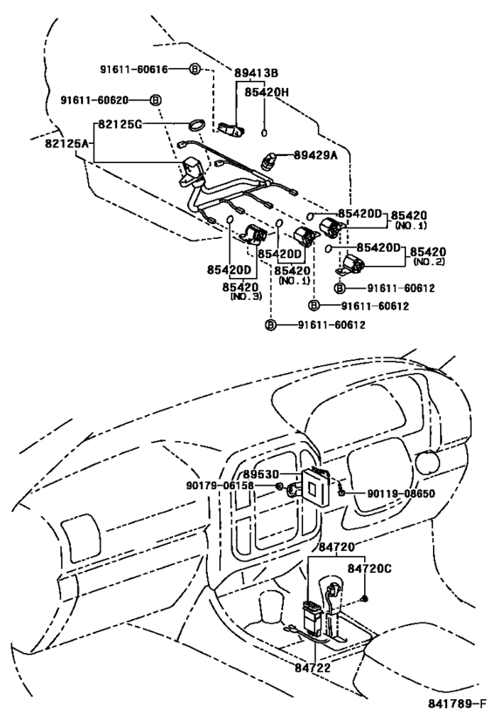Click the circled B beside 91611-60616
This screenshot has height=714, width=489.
(195, 68)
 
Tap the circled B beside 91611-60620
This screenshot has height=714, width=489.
(155, 100)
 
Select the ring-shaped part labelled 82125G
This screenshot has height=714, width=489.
(197, 126)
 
